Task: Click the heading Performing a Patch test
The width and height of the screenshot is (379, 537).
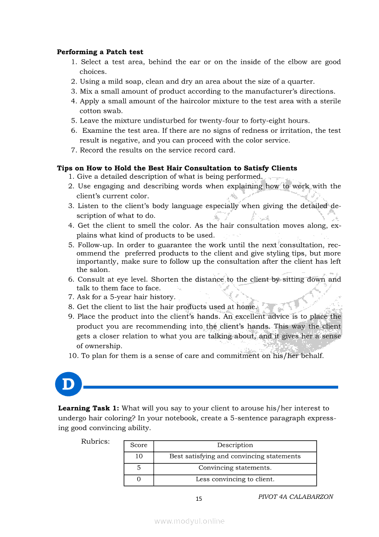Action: tap(100, 52)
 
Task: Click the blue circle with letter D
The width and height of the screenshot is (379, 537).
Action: tap(68, 384)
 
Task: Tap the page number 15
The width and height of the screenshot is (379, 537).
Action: tap(199, 499)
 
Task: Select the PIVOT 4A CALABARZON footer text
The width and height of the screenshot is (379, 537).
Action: tap(295, 497)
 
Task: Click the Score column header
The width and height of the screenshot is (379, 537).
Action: tap(139, 445)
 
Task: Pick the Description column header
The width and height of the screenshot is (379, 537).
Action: tap(235, 445)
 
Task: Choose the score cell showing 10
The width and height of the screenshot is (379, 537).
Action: tap(139, 456)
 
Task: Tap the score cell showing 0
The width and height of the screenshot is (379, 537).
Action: tap(139, 479)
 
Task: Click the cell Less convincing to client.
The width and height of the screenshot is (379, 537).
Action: tap(235, 479)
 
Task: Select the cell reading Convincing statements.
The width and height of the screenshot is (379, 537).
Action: tap(235, 468)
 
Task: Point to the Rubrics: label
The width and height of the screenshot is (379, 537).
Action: tap(95, 441)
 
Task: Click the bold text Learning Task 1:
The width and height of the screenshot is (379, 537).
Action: tap(89, 408)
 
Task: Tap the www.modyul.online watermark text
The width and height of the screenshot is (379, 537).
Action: tap(189, 521)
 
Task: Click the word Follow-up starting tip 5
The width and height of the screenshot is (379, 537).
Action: tap(93, 245)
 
